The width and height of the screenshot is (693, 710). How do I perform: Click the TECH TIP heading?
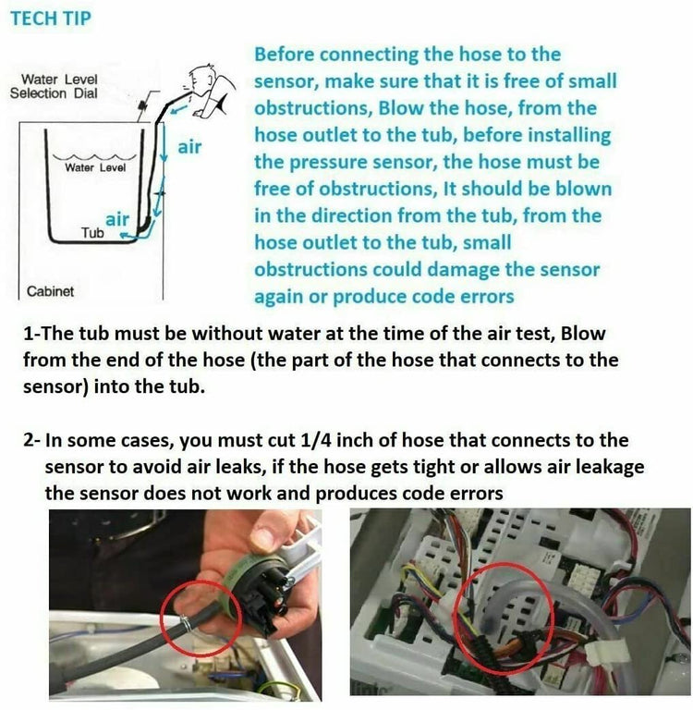51,18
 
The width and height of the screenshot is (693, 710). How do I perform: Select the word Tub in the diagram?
92,233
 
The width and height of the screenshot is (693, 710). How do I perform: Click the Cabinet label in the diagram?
51,290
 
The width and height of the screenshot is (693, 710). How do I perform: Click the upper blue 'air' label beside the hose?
189,146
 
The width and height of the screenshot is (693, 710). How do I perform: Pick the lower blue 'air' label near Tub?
117,219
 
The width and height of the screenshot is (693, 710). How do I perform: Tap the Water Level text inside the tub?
95,167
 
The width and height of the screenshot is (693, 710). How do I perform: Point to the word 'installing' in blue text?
564,135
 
